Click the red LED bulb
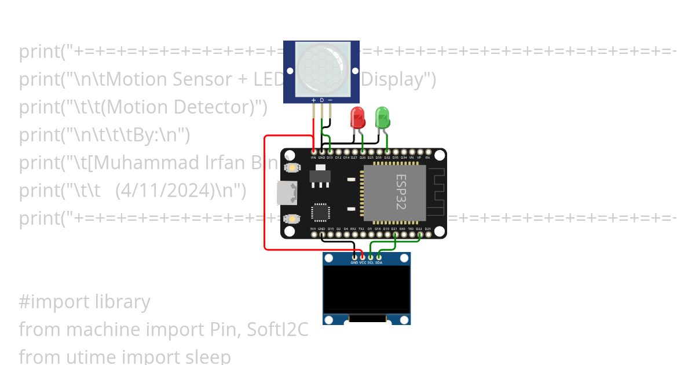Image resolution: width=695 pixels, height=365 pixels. [358, 118]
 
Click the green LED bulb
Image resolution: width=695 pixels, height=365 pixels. [382, 118]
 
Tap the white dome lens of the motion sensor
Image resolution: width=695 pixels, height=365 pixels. [321, 68]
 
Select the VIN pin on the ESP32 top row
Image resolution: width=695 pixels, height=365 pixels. [313, 153]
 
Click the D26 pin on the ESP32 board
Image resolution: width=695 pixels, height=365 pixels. [363, 153]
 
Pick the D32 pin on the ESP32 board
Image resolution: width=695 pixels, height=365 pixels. [387, 153]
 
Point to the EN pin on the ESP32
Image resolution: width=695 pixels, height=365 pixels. [427, 153]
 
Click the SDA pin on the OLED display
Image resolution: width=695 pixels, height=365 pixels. [379, 257]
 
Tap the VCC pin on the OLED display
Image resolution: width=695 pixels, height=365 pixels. [363, 257]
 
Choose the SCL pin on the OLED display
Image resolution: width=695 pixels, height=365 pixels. [371, 257]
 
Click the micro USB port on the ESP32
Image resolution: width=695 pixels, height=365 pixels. [285, 193]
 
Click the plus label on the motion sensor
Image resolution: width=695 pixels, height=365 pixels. [314, 100]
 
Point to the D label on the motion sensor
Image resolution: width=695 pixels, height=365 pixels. [322, 100]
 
